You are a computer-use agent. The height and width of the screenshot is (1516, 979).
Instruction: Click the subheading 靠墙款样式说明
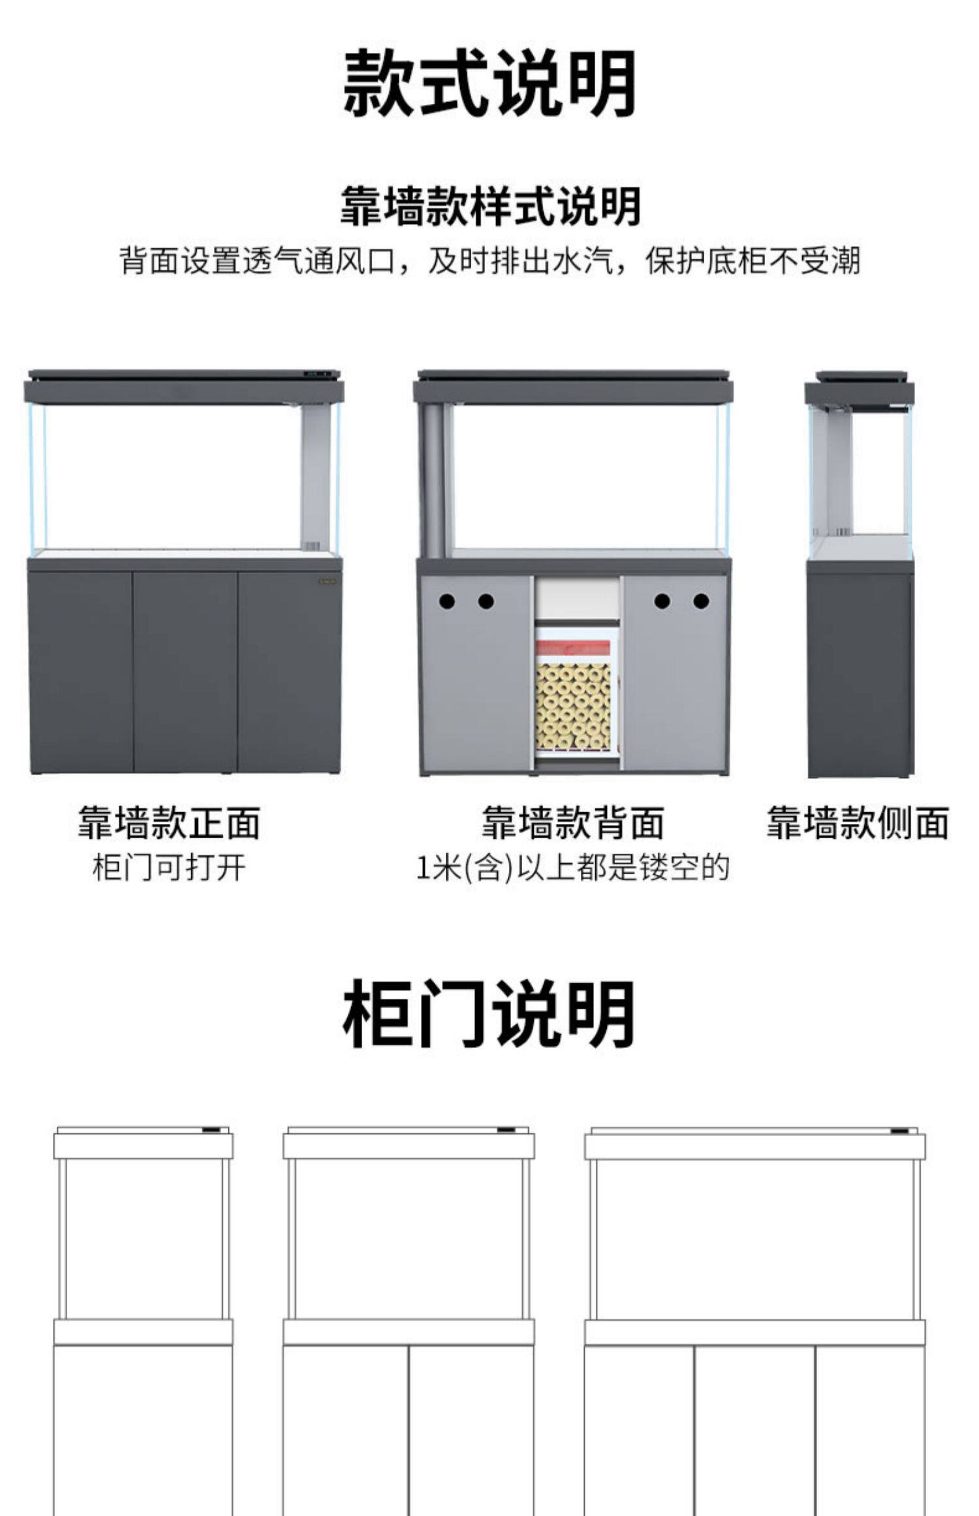click(x=489, y=206)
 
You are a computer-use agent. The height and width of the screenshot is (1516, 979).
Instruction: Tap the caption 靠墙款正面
click(x=169, y=822)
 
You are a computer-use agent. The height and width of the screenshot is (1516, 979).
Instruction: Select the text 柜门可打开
click(x=169, y=868)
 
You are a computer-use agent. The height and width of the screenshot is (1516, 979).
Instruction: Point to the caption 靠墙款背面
click(x=572, y=822)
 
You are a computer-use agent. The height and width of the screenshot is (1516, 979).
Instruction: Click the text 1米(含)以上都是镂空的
click(x=572, y=868)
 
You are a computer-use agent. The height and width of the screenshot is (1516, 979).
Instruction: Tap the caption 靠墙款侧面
click(x=857, y=822)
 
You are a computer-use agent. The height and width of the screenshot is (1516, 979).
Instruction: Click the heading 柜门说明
click(x=489, y=1015)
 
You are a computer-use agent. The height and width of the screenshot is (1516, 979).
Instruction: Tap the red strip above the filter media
click(x=572, y=649)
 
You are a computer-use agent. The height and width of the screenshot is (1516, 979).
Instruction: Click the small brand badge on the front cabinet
click(x=328, y=580)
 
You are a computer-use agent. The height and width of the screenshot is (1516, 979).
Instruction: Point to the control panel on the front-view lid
click(x=317, y=375)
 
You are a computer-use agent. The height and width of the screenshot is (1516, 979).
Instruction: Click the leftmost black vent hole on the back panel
click(x=446, y=601)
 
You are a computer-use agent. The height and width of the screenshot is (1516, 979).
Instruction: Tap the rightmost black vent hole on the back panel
click(x=701, y=601)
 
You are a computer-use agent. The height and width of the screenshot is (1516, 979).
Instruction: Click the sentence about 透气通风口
click(x=489, y=261)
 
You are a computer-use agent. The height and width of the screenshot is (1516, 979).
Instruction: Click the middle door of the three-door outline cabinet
click(x=754, y=1430)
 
